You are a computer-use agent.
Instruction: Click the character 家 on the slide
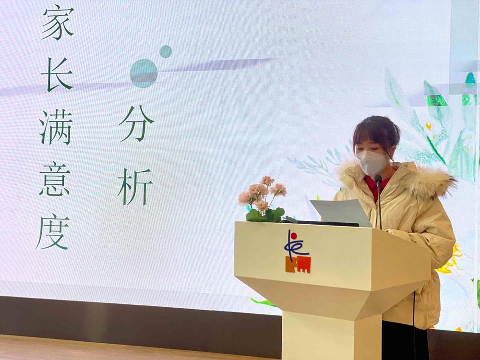pos(58,23)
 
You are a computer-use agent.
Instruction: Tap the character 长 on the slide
pos(57,74)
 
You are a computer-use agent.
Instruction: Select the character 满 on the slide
pos(56,127)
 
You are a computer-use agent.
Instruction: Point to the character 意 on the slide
pos(55,180)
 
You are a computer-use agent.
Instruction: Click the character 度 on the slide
pos(53,232)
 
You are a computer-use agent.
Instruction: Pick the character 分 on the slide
pos(136,124)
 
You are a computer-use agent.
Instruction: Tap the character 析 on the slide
pos(135,187)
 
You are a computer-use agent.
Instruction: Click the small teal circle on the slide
pos(166,51)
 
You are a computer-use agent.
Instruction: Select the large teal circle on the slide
pos(144,73)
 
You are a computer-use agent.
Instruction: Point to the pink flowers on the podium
pos(263,193)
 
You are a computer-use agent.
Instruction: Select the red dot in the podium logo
pos(294,236)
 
